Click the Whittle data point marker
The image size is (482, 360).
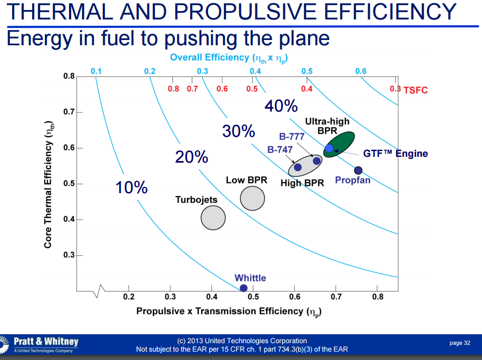[243, 288]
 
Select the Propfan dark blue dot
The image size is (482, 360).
[358, 170]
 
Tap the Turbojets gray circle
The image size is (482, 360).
[213, 218]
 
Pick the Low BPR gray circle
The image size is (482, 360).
[252, 198]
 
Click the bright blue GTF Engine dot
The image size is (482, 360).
[329, 148]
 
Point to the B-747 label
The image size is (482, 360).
[280, 149]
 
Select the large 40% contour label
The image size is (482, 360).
[281, 106]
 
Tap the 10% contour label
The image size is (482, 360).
[132, 187]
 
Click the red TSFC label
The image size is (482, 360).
[416, 90]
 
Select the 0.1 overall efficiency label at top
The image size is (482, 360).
[96, 71]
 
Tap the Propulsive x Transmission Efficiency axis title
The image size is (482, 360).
[229, 312]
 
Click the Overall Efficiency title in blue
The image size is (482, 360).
[231, 57]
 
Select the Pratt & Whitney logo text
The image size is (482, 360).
[46, 342]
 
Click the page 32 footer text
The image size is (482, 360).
[459, 343]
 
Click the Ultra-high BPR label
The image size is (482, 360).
[327, 126]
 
